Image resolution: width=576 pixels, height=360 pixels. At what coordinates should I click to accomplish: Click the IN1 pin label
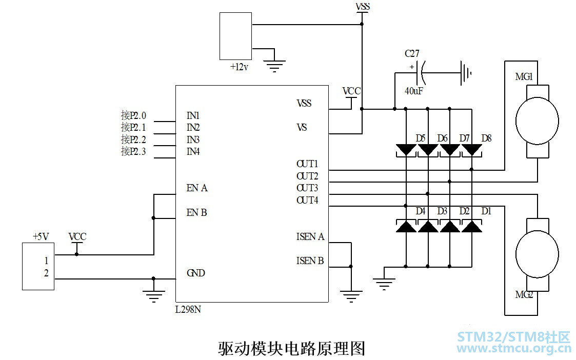coord(193,116)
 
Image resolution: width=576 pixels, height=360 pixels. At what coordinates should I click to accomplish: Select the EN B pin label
coord(196,213)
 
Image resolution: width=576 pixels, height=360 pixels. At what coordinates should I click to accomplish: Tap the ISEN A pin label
coord(310,237)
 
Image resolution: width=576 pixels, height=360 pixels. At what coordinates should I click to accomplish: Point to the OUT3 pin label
coord(307,188)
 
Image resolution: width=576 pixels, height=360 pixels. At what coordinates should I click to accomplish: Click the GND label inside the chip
coord(196,273)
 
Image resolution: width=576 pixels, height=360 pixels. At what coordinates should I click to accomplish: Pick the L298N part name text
coord(188,309)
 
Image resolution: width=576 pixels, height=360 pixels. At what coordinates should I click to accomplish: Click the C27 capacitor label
coord(412,54)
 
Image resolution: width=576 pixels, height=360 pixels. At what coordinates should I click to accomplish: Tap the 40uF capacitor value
coord(413,91)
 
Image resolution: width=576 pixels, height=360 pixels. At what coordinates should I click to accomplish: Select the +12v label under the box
coord(239,67)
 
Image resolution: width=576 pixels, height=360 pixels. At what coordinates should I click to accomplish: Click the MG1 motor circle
coord(537,121)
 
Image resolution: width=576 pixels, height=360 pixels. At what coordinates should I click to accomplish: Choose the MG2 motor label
coord(524,294)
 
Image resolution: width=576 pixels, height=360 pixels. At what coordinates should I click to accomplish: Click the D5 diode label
coord(421,138)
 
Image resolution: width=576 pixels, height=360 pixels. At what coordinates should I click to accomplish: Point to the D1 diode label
coord(486,211)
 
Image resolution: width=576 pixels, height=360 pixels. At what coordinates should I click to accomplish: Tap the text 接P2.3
coord(133,151)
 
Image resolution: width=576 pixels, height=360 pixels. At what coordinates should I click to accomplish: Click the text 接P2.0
coord(133,116)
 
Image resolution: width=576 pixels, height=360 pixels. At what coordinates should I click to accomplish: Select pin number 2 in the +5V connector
coord(46,273)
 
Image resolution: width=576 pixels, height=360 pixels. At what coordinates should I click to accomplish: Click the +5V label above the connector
coord(41,236)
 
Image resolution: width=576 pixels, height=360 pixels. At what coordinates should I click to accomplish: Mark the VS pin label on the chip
coord(302,128)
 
